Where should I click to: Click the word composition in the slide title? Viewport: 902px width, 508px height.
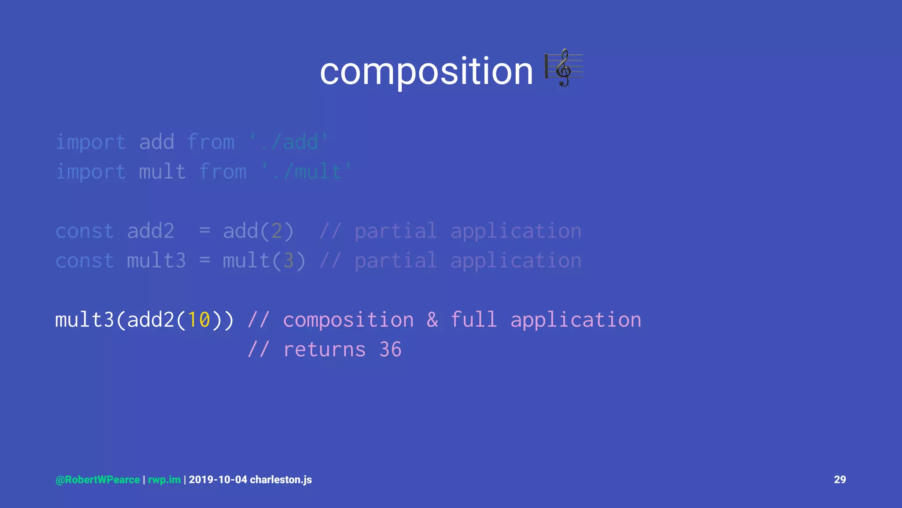tap(426, 71)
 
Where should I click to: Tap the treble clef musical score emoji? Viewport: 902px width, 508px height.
tap(564, 68)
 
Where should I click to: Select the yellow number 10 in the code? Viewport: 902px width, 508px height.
tap(199, 320)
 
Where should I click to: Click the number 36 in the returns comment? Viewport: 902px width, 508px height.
tap(390, 350)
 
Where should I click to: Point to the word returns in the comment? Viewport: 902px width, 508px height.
tap(325, 350)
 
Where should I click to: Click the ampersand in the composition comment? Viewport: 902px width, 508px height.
tap(432, 320)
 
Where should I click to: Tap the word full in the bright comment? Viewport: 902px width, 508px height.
tap(474, 320)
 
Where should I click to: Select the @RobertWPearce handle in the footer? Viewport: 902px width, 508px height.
tap(98, 480)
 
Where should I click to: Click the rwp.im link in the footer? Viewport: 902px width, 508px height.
tap(164, 480)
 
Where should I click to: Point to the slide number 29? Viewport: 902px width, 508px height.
tap(840, 480)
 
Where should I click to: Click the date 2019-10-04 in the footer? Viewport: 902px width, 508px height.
tap(218, 480)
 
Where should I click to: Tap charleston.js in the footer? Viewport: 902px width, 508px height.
tap(281, 480)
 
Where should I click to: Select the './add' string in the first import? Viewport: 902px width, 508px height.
tap(288, 142)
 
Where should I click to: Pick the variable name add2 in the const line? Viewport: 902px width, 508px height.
tap(151, 231)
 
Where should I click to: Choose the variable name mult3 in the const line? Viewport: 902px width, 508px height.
tap(156, 261)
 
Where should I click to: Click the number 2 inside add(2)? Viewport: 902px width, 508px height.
tap(277, 231)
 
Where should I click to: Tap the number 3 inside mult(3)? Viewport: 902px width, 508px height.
tap(288, 261)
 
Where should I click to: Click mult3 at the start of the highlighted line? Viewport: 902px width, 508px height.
tap(85, 320)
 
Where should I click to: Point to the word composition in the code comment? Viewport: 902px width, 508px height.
tap(348, 320)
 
